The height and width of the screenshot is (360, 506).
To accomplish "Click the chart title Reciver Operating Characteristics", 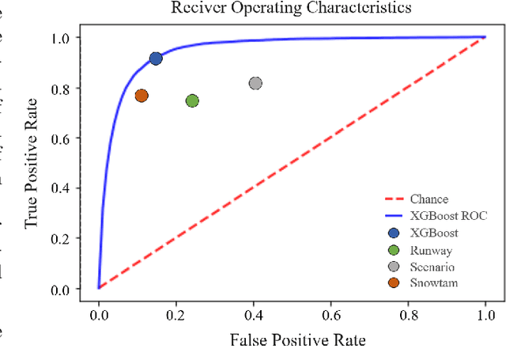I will (x=290, y=9).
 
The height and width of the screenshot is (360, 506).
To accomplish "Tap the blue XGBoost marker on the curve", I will (x=156, y=59).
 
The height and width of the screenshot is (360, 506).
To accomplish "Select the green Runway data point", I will (x=192, y=100).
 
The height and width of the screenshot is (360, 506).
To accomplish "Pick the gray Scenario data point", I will (x=255, y=83).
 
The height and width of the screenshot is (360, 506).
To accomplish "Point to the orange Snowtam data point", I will (x=142, y=96).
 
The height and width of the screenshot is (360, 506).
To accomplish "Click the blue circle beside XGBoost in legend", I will (x=394, y=233).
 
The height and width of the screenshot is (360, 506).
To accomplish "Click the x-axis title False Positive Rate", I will (x=290, y=340).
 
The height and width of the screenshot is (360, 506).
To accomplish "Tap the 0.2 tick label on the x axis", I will (x=176, y=315).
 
